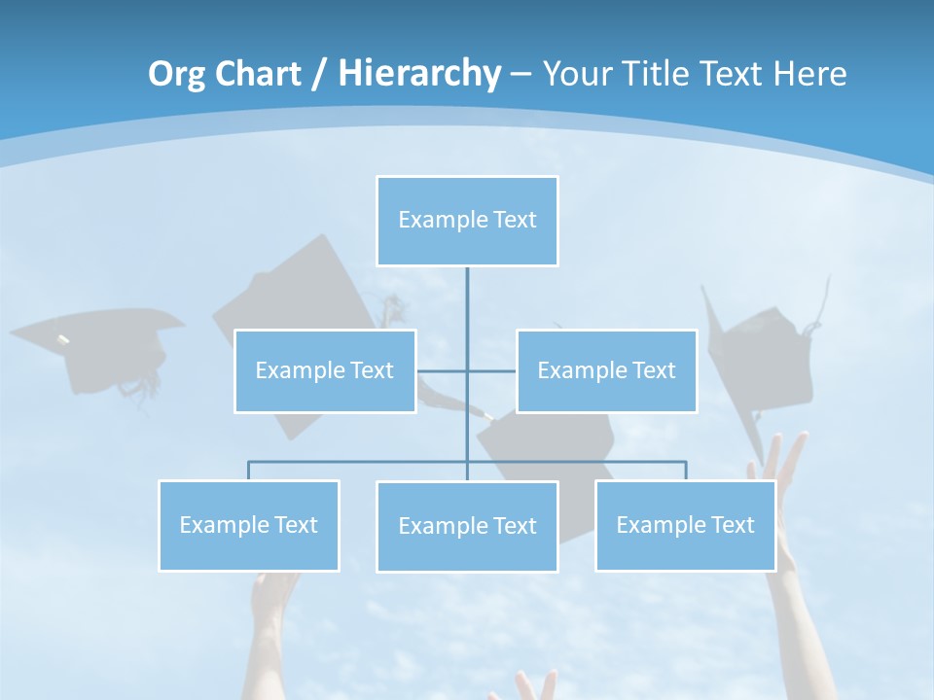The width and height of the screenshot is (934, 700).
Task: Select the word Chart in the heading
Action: (258, 74)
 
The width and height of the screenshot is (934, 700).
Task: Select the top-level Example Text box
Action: (467, 221)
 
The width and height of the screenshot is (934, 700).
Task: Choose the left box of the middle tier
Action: (325, 370)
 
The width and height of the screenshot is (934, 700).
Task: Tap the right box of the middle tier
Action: (606, 370)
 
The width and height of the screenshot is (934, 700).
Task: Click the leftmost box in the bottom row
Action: (249, 525)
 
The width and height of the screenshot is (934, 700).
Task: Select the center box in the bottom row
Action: (467, 526)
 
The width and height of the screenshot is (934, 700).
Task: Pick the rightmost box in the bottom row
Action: (685, 525)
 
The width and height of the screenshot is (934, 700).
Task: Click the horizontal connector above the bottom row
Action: (360, 462)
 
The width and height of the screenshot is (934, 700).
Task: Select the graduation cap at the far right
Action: (764, 355)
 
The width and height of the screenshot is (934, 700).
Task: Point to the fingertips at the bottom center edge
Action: (525, 685)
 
